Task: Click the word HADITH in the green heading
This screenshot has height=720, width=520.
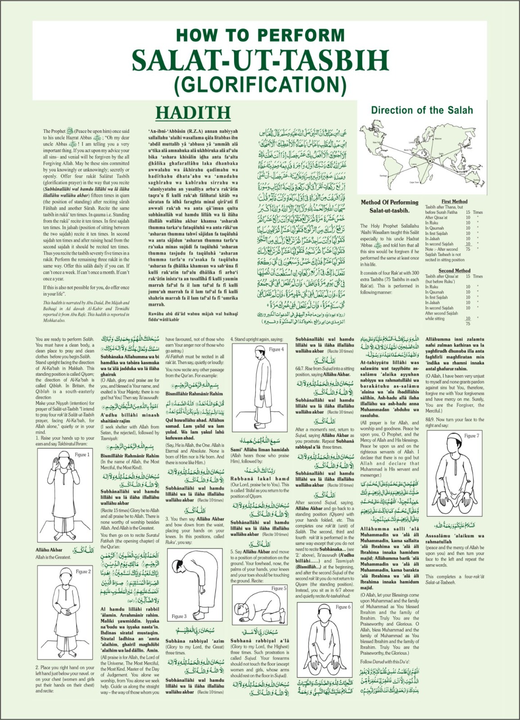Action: [193, 112]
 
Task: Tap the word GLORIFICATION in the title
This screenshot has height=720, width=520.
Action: [260, 84]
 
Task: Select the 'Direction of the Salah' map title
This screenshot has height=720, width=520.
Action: [422, 110]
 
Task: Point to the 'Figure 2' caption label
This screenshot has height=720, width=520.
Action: [83, 571]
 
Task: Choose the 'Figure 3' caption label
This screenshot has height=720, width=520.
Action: [179, 616]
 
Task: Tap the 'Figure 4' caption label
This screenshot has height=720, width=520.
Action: [276, 349]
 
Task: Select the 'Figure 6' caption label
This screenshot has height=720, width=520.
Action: [343, 607]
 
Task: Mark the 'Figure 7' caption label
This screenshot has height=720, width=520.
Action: [471, 436]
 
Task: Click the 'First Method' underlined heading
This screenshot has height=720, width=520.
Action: [454, 202]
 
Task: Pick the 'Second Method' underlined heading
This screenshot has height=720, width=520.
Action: [454, 271]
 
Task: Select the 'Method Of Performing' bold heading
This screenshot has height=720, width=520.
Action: [389, 202]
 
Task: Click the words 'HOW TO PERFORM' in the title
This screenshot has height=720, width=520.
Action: [260, 35]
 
